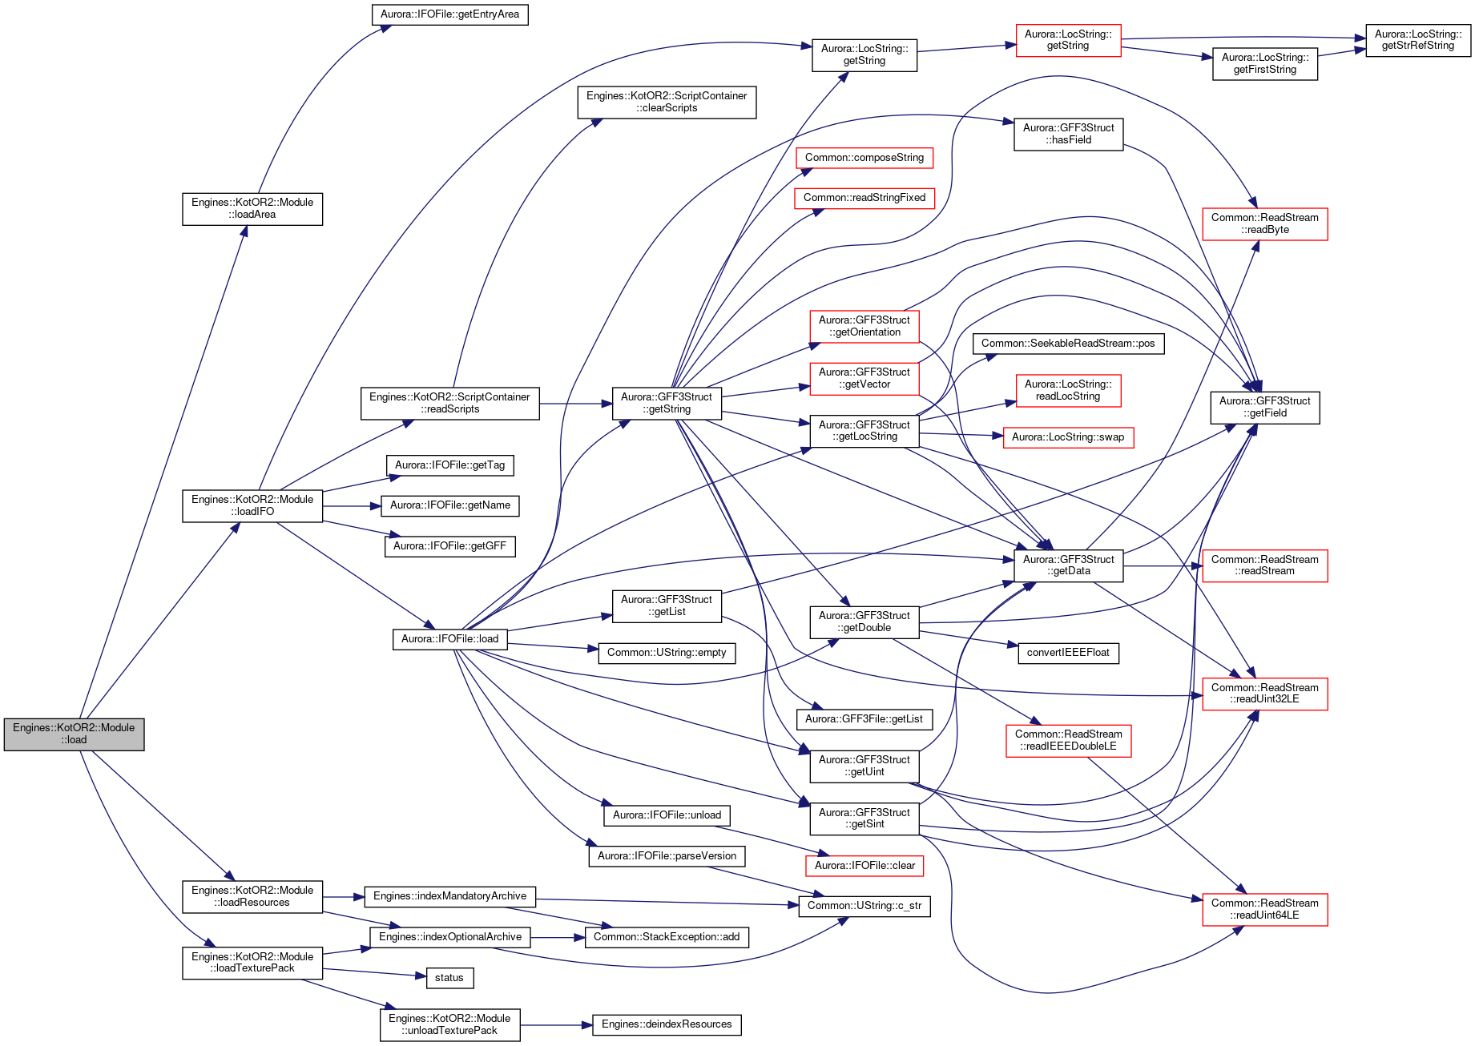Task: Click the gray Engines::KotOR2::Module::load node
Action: (x=74, y=734)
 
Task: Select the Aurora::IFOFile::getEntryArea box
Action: (x=449, y=14)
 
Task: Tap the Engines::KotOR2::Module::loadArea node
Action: (x=252, y=209)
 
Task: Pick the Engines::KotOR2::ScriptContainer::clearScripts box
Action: (x=667, y=102)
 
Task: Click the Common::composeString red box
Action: (x=864, y=158)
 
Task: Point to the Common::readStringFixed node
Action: (x=864, y=198)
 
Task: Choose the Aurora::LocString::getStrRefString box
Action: (x=1418, y=40)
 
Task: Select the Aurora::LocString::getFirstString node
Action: (x=1265, y=63)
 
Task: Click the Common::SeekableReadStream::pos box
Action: (x=1068, y=344)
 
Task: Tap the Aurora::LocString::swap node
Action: (x=1068, y=437)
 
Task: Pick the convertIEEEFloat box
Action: (x=1068, y=653)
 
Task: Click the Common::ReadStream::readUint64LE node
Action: (x=1265, y=909)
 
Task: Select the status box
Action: (x=449, y=978)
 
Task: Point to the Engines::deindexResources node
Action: (x=667, y=1024)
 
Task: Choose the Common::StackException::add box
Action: (x=667, y=937)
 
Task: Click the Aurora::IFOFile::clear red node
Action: (x=864, y=866)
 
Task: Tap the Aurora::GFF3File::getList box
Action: (x=864, y=719)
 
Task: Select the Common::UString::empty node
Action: (x=667, y=653)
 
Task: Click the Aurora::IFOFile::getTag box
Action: (x=449, y=465)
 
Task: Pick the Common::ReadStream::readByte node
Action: (x=1265, y=223)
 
